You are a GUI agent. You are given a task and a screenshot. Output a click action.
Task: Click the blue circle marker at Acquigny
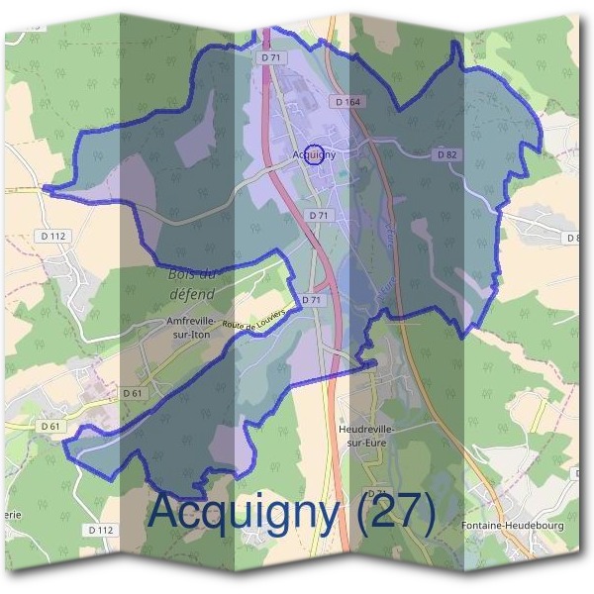314,154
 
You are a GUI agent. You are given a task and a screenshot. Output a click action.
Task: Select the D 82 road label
446,154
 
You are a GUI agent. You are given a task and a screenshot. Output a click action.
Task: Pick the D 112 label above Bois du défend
55,236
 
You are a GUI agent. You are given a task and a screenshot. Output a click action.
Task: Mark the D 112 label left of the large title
101,530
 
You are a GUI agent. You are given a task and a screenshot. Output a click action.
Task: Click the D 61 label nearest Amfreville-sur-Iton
133,393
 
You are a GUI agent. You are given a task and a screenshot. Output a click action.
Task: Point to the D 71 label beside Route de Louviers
311,299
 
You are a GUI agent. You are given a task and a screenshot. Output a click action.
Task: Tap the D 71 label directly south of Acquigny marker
318,215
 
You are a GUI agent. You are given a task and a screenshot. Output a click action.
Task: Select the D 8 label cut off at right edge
572,238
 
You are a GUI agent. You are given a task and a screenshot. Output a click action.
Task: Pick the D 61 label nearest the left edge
51,426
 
